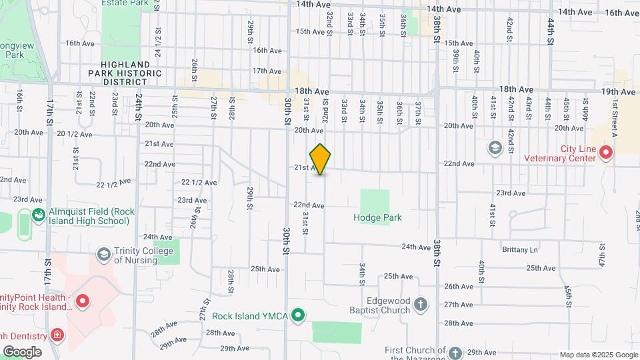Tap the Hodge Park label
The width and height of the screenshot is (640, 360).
point(378,217)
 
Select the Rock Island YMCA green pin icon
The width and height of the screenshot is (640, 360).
point(299,315)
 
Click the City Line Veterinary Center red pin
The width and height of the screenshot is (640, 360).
point(606,153)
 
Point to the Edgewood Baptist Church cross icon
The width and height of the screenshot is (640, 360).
point(420,305)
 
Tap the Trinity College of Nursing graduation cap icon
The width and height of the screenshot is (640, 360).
point(103,254)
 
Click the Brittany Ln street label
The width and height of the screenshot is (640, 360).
point(519,249)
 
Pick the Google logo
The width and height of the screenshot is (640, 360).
point(22,352)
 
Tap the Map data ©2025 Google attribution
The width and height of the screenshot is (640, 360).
point(598,355)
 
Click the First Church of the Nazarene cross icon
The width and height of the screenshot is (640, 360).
point(455,352)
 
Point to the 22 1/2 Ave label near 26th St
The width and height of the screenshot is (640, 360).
point(199,182)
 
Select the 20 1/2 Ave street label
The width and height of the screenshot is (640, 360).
point(74,134)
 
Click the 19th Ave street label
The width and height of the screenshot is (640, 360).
point(618,91)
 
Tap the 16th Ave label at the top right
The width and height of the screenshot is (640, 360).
point(622,13)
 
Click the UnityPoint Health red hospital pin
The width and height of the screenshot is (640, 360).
point(83,301)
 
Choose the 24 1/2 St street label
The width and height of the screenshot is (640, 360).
point(157,41)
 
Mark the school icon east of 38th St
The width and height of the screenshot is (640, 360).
point(495,147)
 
